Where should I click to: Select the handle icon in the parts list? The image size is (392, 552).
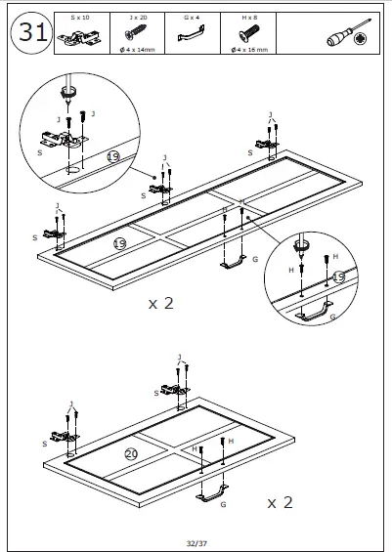point(192,36)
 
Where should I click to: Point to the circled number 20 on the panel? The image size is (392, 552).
point(131,453)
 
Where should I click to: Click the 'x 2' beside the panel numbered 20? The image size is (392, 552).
point(281,502)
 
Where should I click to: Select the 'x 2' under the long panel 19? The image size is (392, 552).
point(161,303)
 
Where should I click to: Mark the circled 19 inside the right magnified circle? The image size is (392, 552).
point(338,277)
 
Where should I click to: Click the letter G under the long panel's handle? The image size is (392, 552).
point(254,260)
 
